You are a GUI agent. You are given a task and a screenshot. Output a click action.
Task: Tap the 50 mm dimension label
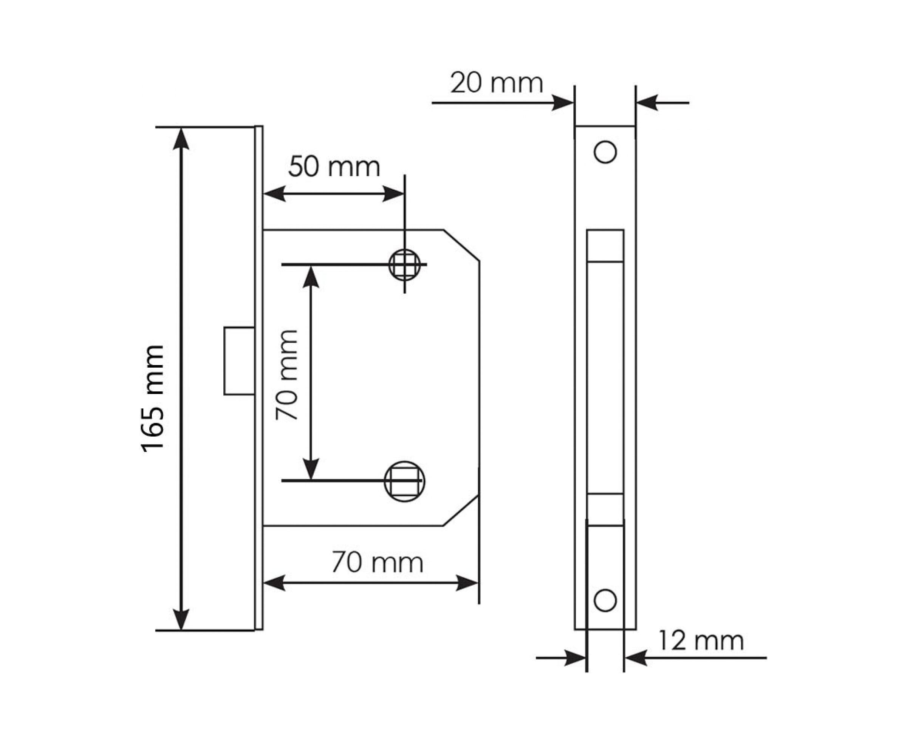[334, 166]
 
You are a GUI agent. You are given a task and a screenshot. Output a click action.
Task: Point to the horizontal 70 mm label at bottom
[377, 563]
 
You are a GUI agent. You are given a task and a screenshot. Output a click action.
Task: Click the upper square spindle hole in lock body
[404, 265]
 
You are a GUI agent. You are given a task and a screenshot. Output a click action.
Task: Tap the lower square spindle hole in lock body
[404, 481]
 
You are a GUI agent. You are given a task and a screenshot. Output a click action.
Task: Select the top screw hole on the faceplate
[605, 152]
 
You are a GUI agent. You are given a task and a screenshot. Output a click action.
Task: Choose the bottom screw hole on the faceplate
[605, 601]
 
